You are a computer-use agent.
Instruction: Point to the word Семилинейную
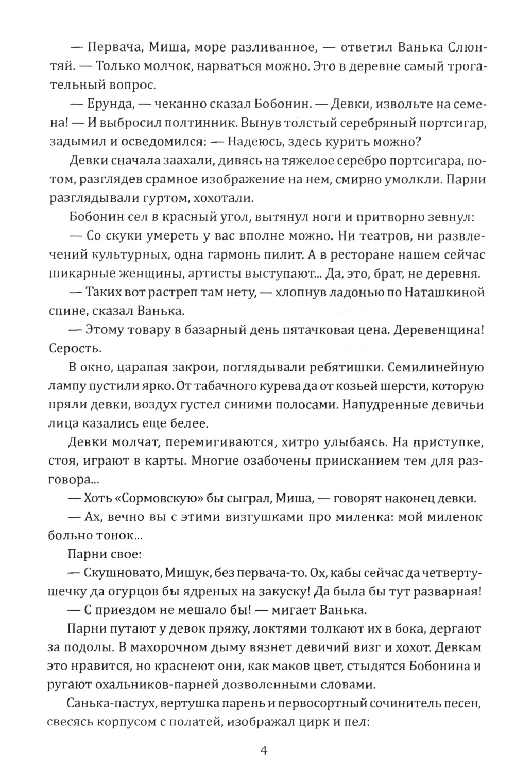[x=435, y=367]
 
